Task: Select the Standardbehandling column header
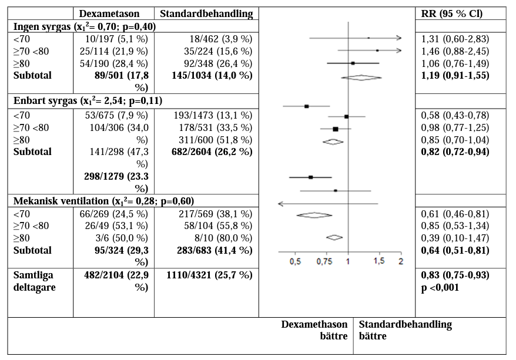[206, 14]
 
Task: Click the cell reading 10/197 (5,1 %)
[116, 39]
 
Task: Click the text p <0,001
[440, 287]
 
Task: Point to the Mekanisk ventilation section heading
[104, 201]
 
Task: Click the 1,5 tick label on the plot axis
[378, 261]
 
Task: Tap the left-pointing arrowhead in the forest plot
[280, 204]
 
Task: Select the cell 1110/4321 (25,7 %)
[210, 275]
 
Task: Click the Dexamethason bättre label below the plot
[314, 330]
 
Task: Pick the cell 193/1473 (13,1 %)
[213, 115]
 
